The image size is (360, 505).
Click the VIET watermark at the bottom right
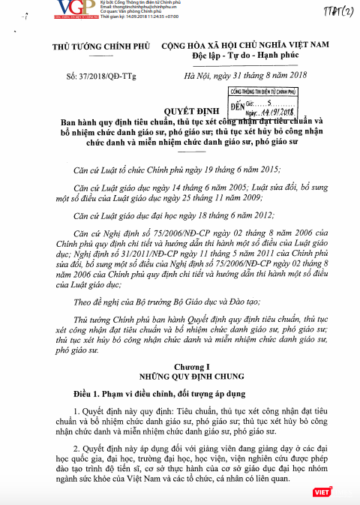click(341, 491)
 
